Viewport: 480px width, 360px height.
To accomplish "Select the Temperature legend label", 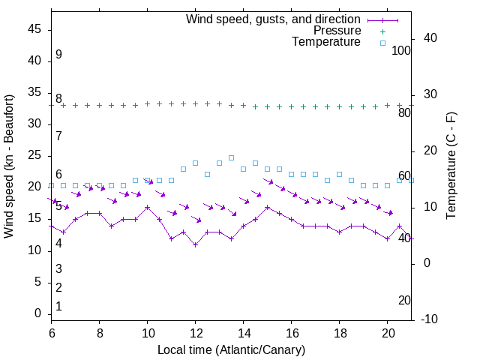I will click(326, 43).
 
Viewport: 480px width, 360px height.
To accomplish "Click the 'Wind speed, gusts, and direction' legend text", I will click(274, 19).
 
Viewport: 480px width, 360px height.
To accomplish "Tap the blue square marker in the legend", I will click(382, 43).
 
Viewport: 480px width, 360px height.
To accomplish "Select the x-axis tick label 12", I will click(195, 333).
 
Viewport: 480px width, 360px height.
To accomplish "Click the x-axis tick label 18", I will click(339, 333).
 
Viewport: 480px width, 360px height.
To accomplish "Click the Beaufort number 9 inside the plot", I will click(58, 55).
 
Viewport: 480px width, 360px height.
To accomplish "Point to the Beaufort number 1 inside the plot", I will click(58, 307).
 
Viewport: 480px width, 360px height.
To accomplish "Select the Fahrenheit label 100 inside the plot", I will click(401, 50).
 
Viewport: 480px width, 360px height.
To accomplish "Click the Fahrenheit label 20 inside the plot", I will click(404, 300).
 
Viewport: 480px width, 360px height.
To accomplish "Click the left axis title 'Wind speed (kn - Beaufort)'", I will click(9, 166).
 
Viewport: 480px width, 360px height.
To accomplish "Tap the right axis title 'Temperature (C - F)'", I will click(451, 166).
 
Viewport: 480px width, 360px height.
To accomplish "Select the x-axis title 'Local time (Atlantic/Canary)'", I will click(231, 349).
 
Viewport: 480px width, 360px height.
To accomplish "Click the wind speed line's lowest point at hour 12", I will click(195, 244).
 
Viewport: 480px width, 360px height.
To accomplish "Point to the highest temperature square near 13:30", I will click(231, 157).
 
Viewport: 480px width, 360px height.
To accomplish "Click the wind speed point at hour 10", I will click(147, 207).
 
